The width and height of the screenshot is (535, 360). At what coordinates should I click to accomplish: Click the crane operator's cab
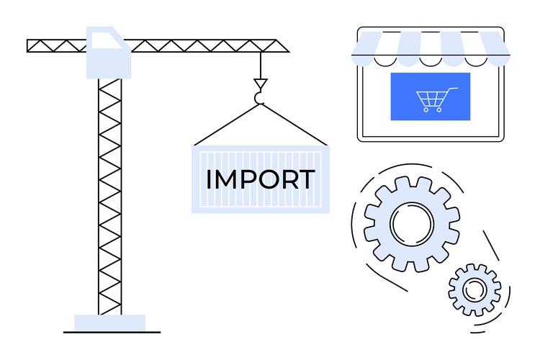pos(109,52)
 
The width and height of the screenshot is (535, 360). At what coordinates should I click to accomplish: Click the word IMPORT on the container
pos(260,179)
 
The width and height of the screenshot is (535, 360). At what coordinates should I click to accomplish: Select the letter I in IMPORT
pos(209,179)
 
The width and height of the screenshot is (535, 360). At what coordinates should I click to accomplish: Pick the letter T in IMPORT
pos(307,179)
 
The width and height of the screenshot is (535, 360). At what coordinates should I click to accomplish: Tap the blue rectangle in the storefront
pos(430,96)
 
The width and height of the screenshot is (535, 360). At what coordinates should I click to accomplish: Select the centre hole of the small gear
pos(475,289)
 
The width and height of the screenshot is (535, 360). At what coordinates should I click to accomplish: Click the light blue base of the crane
pos(109,323)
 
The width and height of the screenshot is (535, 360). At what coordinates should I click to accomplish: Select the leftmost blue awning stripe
pos(366,44)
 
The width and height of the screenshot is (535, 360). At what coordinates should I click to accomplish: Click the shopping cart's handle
pos(453,89)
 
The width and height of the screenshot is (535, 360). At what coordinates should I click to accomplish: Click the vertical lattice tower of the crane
pos(110,194)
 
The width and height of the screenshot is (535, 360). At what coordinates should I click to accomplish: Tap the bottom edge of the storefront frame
pos(430,140)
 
